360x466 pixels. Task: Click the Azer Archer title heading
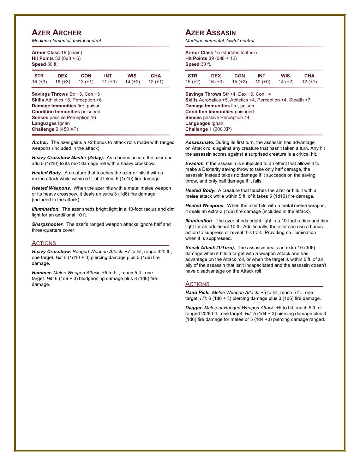[56, 33]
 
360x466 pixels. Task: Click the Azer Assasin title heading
[210, 33]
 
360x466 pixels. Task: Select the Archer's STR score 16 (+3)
[39, 82]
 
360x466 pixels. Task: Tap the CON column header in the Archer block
[86, 76]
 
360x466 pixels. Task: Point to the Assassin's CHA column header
[309, 76]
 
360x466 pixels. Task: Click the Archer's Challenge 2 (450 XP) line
[55, 129]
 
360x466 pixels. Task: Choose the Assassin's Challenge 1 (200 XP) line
[208, 129]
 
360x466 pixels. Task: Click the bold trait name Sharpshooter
[48, 224]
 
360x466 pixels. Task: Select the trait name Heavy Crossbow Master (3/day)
[68, 157]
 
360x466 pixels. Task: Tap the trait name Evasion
[195, 163]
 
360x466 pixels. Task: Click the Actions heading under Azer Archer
[44, 243]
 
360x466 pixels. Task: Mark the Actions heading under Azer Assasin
[197, 284]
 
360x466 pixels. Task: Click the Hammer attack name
[42, 273]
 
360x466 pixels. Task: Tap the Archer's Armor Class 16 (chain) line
[57, 53]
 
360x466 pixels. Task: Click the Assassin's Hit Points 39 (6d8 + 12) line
[211, 58]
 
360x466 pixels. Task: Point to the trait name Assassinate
[199, 142]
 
